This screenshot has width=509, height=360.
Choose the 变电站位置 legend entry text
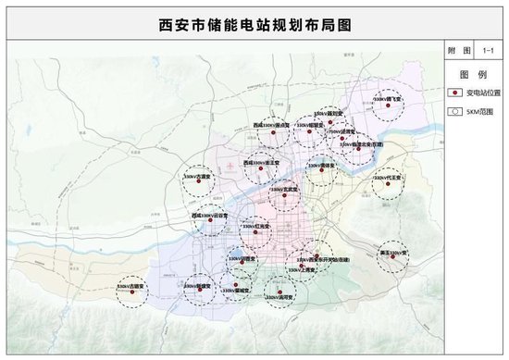477,93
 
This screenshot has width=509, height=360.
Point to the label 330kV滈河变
279,296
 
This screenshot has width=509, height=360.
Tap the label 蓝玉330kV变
394,251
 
